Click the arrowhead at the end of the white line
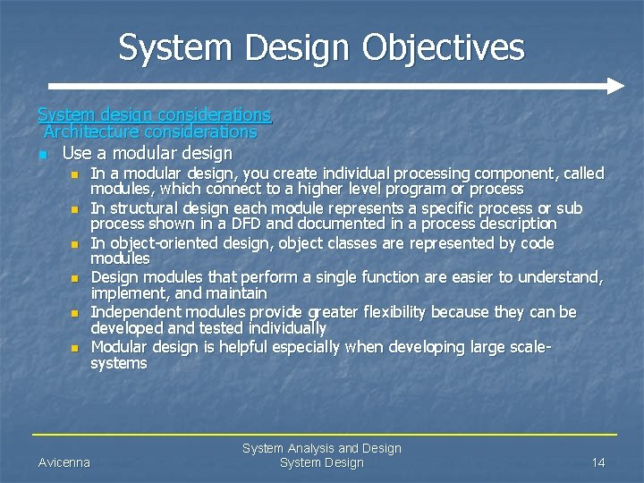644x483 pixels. click(614, 87)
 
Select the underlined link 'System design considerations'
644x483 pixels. click(154, 115)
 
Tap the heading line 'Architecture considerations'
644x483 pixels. click(150, 132)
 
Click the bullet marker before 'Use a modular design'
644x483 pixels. click(42, 155)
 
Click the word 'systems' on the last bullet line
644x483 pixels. click(119, 363)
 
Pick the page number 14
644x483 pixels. click(598, 462)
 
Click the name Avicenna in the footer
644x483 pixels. click(64, 462)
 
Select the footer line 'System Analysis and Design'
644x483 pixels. click(322, 448)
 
